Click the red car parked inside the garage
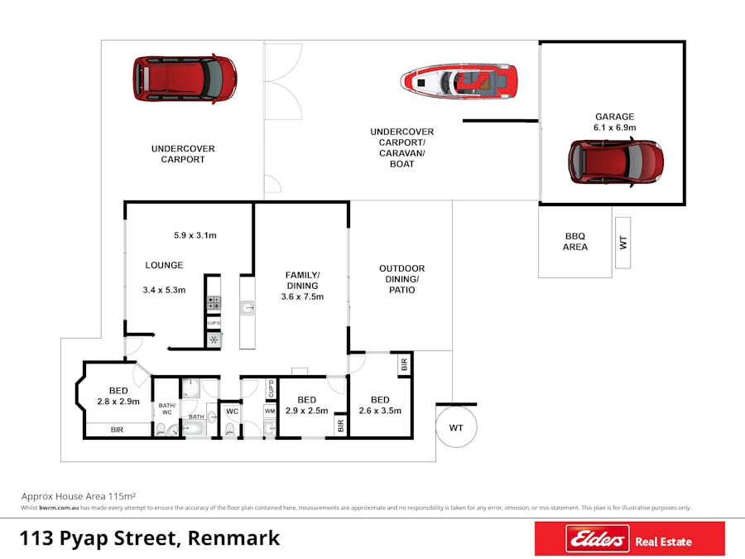point(616,161)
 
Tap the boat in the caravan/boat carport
point(459,82)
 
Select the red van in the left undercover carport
point(185,78)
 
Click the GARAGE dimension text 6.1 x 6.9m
point(614,128)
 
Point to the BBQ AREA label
point(575,241)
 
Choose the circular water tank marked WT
point(456,427)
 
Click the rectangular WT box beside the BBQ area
point(623,243)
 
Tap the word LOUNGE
point(164,265)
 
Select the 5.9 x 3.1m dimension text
point(195,235)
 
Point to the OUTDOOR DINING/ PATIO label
point(401,279)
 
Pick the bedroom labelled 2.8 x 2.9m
point(118,396)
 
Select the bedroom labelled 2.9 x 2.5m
point(306,405)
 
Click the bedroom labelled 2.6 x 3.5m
point(379,405)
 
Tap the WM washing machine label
point(270,410)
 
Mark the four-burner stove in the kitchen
point(213,303)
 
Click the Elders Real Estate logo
point(629,540)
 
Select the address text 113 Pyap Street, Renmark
point(150,538)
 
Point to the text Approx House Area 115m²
point(79,494)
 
